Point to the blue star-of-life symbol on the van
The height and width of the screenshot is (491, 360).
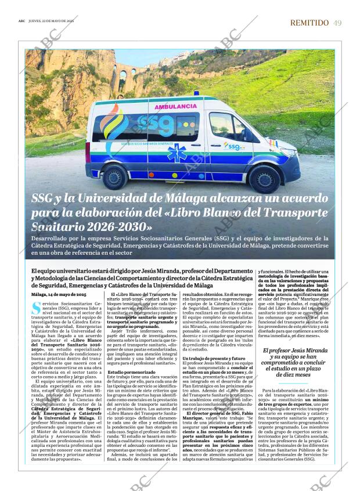(177, 154)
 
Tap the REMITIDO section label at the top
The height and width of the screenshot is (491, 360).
(309, 23)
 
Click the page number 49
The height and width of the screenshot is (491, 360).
(337, 23)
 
